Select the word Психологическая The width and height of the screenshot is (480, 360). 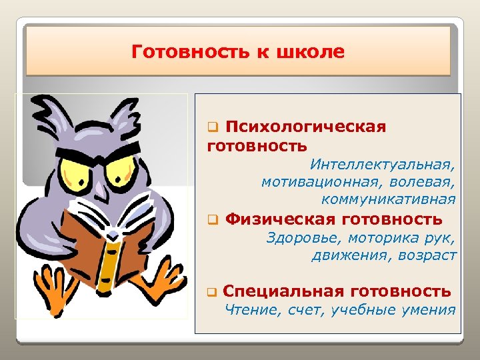[x=306, y=127]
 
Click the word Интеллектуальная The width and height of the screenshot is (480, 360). [x=383, y=163]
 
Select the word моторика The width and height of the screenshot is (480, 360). [x=378, y=237]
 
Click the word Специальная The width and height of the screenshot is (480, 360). [x=283, y=291]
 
